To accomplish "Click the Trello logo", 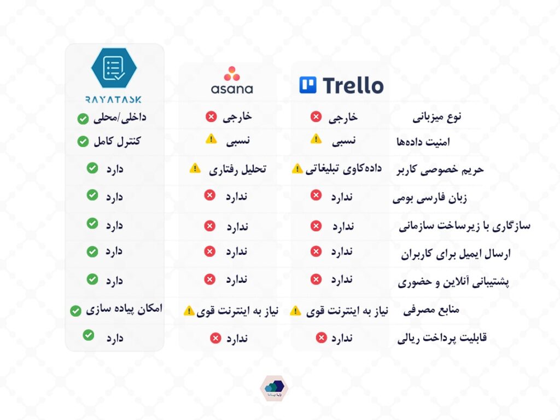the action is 341,85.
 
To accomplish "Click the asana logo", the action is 232,80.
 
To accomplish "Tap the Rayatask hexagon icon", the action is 114,68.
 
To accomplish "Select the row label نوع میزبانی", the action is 437,117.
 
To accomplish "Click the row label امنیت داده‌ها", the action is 423,142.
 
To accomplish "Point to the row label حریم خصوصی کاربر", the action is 440,170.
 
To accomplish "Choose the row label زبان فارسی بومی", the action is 430,198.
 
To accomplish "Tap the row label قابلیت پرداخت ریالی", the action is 442,338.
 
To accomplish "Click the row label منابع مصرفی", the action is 431,310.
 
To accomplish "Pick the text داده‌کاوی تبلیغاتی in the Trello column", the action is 343,169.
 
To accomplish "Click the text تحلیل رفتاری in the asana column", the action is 237,170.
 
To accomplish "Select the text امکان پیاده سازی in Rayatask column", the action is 124,310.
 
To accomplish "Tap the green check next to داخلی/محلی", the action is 83,119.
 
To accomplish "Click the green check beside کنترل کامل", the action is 83,142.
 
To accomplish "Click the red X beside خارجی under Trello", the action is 316,116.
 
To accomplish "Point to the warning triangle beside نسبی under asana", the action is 211,138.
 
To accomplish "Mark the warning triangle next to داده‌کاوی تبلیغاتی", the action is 297,168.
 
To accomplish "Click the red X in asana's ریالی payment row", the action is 215,338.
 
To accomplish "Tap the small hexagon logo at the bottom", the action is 274,388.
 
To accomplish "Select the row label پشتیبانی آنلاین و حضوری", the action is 453,282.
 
